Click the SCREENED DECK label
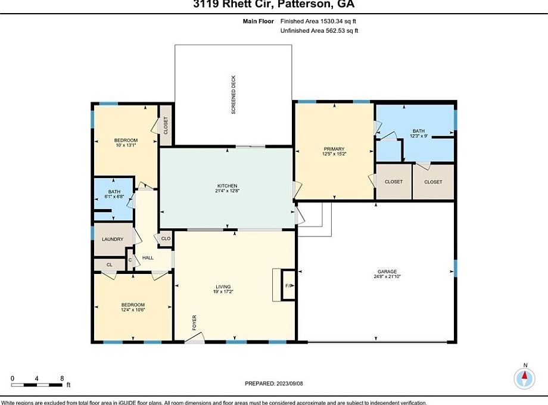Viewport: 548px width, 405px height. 233,95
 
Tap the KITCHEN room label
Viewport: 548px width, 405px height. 227,186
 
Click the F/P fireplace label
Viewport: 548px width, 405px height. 289,286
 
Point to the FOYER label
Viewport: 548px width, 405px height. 194,322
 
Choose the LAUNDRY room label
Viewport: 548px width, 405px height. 113,239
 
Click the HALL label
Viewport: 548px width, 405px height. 148,258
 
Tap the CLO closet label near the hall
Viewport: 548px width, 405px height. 166,239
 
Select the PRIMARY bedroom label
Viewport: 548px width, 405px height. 334,149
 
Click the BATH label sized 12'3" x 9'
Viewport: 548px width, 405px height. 419,131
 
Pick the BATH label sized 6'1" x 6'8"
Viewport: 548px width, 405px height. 114,192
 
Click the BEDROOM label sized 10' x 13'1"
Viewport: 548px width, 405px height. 126,141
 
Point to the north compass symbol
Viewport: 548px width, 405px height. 525,376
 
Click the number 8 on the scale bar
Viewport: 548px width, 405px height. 61,378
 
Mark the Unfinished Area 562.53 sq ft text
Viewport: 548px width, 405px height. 319,30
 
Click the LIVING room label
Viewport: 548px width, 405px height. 223,286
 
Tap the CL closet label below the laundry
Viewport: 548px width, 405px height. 109,264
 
